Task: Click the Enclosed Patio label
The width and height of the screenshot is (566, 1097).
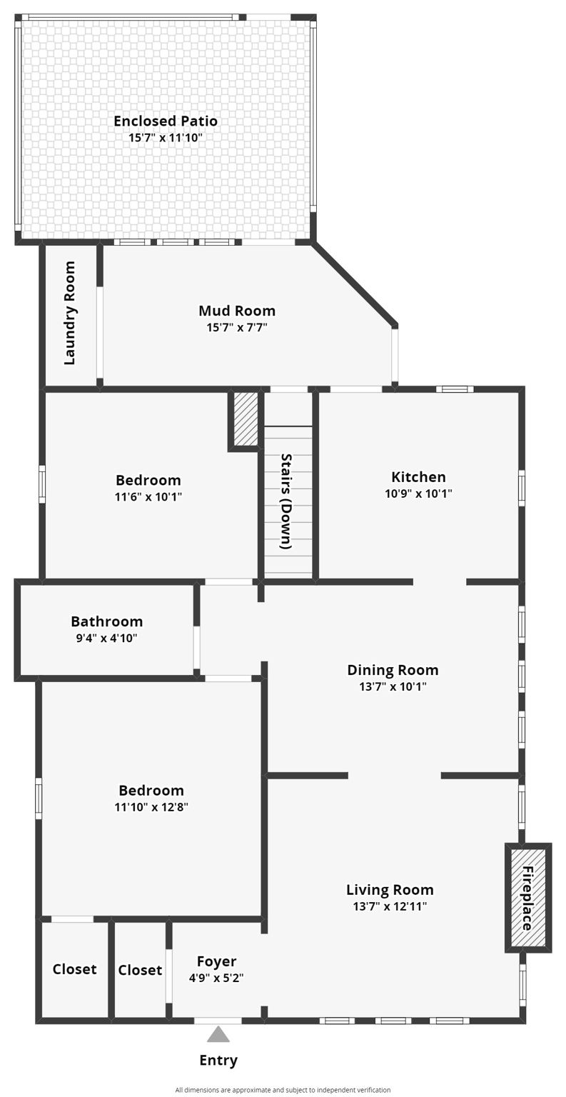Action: (x=166, y=121)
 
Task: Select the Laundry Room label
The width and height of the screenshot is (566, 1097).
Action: (x=70, y=314)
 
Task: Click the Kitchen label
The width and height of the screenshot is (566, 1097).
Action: (x=418, y=476)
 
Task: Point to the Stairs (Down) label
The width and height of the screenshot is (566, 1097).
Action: (x=286, y=501)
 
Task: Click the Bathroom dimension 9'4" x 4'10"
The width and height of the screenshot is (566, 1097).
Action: (x=106, y=638)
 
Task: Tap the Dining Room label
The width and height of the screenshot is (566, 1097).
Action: (x=393, y=669)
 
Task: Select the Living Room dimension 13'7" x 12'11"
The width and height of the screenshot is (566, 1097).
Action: (x=390, y=906)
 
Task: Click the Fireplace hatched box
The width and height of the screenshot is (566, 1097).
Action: (x=528, y=898)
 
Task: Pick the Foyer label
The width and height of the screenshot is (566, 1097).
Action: (x=216, y=961)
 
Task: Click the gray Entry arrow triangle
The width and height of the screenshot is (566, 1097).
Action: (x=218, y=1034)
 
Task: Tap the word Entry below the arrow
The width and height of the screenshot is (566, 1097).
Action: (x=218, y=1060)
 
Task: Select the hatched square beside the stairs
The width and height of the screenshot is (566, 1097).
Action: (x=246, y=419)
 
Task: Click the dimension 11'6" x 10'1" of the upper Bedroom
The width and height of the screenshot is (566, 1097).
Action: (x=148, y=496)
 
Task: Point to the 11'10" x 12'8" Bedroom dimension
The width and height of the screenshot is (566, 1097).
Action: (x=151, y=807)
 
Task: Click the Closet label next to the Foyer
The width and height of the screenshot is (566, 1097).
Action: (x=140, y=970)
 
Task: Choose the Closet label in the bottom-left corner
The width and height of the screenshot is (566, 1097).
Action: (x=74, y=969)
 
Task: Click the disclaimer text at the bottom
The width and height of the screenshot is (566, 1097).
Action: (x=283, y=1090)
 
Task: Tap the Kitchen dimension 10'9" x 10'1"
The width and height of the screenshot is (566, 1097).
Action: (x=418, y=493)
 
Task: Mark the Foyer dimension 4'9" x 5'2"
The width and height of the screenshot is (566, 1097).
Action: (x=216, y=978)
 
